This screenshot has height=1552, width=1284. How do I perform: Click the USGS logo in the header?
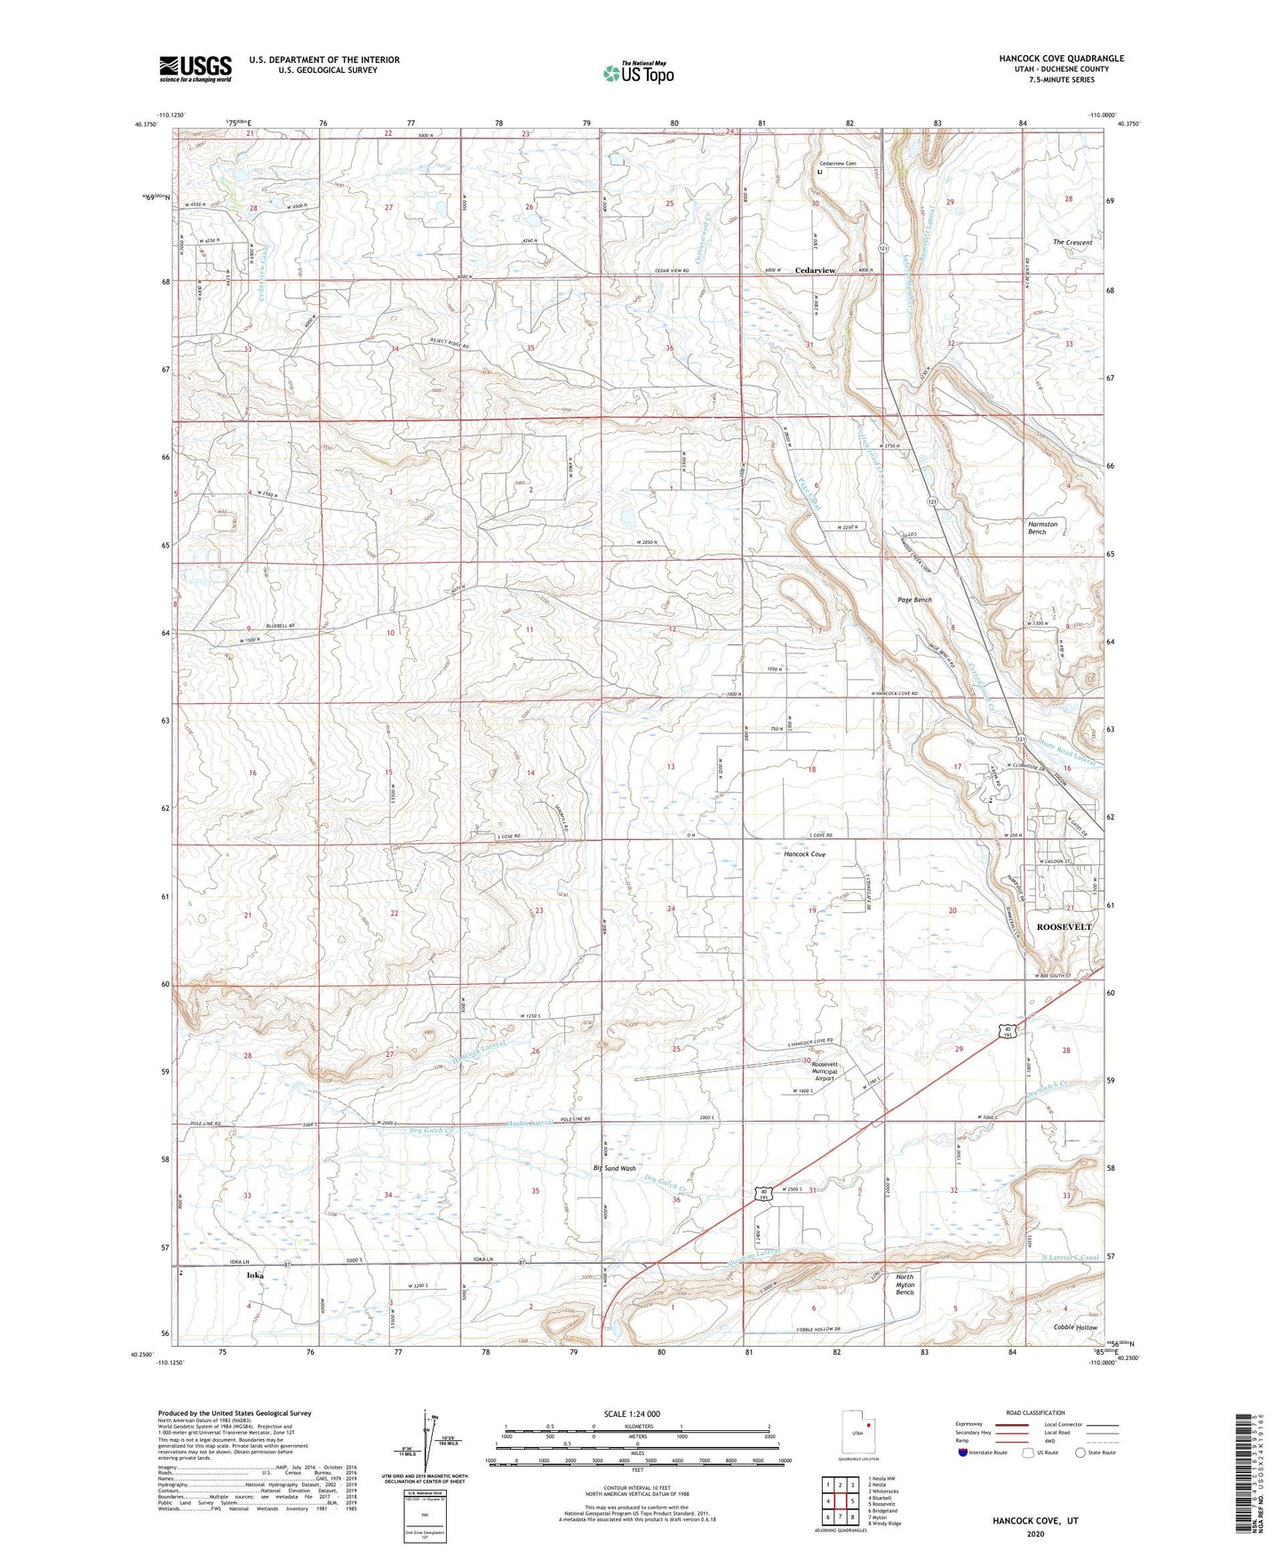pyautogui.click(x=195, y=68)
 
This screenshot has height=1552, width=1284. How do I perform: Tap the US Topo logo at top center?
pyautogui.click(x=638, y=73)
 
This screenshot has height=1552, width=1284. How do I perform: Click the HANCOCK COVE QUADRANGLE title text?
pyautogui.click(x=1061, y=59)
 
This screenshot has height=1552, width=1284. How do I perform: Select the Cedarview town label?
pyautogui.click(x=815, y=270)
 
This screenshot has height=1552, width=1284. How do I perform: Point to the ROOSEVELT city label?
pyautogui.click(x=1064, y=926)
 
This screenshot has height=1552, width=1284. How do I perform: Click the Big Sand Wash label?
pyautogui.click(x=614, y=1168)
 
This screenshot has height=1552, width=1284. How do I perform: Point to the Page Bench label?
pyautogui.click(x=915, y=600)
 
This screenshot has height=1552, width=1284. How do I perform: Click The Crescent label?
pyautogui.click(x=1072, y=242)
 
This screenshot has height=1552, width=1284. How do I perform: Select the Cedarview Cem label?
pyautogui.click(x=837, y=164)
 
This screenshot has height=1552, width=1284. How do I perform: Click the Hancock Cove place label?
pyautogui.click(x=804, y=854)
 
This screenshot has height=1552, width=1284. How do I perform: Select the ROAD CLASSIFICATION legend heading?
pyautogui.click(x=1035, y=1412)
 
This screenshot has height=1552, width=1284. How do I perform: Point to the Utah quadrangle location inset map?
pyautogui.click(x=858, y=1434)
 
